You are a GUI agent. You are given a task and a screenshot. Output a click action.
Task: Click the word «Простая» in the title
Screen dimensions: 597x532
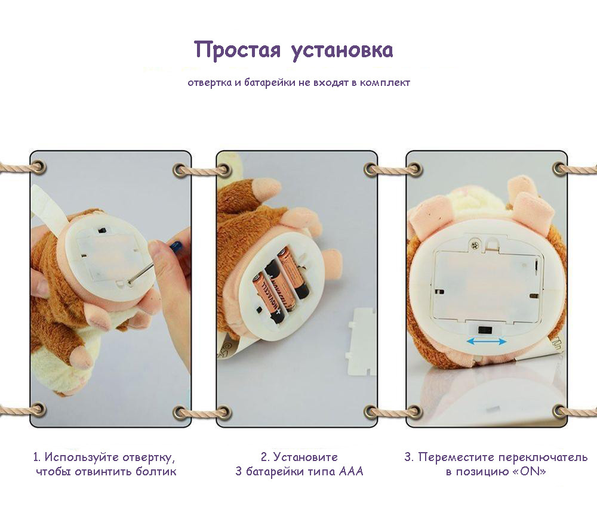coord(237,50)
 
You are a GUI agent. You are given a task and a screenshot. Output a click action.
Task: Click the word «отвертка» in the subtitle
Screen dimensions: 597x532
coord(210,82)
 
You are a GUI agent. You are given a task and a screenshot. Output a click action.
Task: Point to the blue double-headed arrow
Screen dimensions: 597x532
coord(487,341)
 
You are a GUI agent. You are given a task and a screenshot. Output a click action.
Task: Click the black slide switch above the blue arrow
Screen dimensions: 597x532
coord(485,330)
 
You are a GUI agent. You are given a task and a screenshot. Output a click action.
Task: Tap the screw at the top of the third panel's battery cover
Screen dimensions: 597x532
coord(475,245)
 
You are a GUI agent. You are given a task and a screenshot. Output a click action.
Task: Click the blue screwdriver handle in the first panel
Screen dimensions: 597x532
coord(176,246)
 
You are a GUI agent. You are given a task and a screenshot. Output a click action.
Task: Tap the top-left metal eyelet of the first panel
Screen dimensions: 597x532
coord(38,168)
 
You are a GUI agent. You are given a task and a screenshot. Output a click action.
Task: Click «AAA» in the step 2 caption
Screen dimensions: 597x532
coord(351,472)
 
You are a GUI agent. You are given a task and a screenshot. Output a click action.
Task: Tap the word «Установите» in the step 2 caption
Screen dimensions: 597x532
coord(305,457)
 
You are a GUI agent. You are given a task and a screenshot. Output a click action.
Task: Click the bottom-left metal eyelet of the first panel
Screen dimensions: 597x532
coord(38,410)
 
